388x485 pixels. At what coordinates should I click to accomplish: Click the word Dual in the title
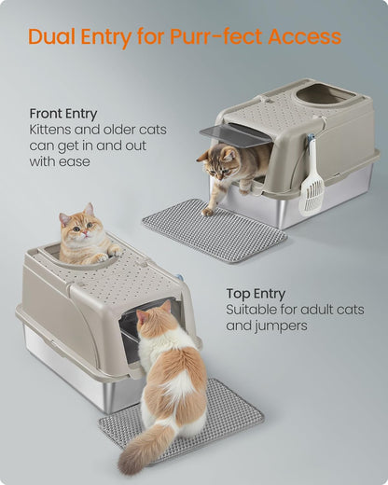pos(52,38)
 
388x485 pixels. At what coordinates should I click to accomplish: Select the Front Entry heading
pos(62,114)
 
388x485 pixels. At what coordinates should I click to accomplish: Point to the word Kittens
pos(55,130)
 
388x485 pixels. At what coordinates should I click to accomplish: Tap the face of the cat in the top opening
pos(78,228)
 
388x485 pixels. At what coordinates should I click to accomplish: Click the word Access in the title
pos(304,38)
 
